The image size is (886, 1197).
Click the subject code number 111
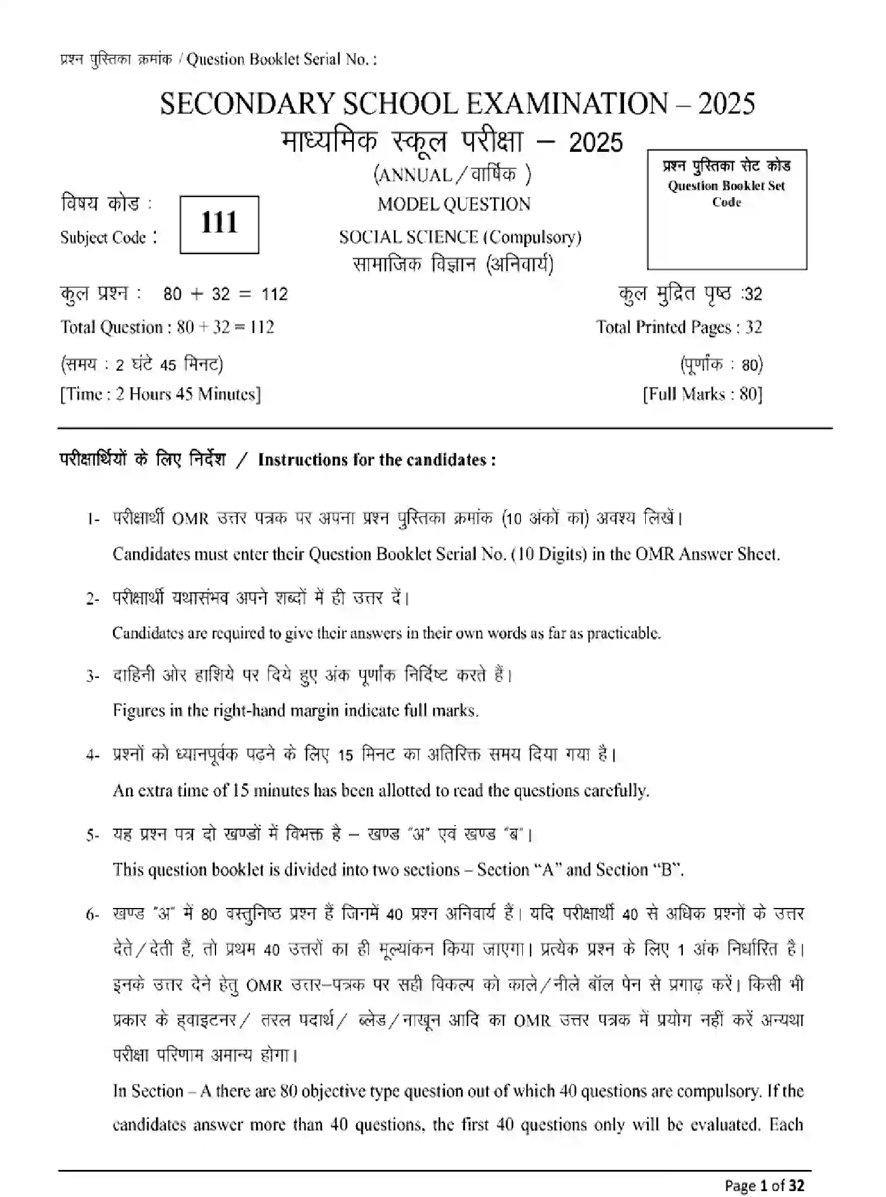[219, 224]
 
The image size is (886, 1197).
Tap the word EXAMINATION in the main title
[566, 104]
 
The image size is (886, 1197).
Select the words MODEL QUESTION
[454, 204]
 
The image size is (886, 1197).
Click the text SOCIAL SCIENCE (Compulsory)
[460, 237]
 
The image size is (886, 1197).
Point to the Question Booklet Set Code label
[726, 194]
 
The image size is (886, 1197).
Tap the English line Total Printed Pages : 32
[678, 327]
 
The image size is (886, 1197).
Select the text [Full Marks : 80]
[702, 394]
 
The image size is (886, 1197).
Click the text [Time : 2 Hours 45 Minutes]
[160, 394]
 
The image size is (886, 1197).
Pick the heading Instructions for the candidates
[377, 460]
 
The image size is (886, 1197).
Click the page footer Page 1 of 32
[764, 1185]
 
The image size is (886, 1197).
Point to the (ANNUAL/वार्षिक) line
[452, 174]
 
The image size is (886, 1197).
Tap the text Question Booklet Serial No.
[281, 59]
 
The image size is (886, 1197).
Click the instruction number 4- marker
[93, 755]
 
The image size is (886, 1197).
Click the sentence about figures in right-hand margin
[296, 710]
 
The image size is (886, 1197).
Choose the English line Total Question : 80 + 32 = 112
[167, 327]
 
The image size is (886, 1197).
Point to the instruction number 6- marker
[93, 915]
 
